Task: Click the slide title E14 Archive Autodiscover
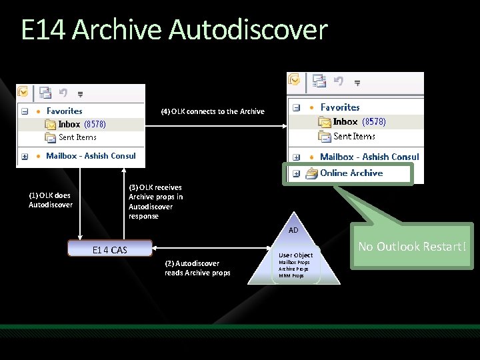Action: [174, 30]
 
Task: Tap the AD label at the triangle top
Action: [293, 230]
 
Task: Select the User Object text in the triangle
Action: [295, 255]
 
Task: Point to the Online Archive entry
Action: [351, 173]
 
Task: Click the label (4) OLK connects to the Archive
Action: [213, 111]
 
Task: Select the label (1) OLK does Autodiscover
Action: [51, 200]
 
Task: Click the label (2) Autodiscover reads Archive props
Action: [197, 268]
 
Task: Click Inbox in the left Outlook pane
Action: [69, 124]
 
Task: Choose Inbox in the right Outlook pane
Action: [345, 122]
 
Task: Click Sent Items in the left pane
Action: [77, 137]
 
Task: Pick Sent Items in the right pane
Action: [354, 136]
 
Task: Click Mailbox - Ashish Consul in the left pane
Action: [91, 156]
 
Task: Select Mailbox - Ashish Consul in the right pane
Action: [369, 157]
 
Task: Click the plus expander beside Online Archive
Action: [295, 173]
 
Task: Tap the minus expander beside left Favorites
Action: [25, 111]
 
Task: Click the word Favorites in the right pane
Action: [340, 107]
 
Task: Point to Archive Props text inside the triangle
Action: [294, 269]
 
